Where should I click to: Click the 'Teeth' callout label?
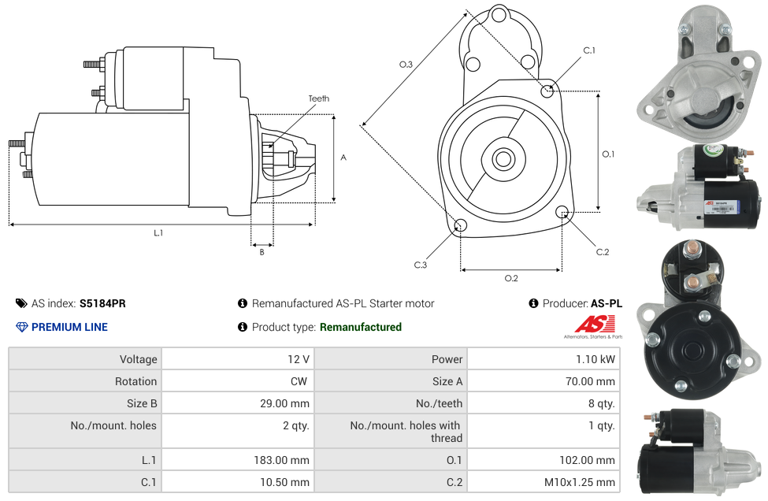318,98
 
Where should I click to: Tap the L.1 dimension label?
158,232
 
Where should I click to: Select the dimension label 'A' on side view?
343,158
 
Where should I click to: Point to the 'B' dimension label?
262,252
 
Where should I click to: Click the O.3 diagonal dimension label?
406,65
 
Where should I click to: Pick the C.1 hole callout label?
588,50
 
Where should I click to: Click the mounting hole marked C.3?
461,227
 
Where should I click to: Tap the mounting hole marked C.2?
562,212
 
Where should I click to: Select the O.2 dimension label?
510,278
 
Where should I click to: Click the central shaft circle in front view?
503,159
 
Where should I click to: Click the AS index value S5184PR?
102,303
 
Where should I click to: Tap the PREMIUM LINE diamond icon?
22,327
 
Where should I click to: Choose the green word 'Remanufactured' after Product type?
360,327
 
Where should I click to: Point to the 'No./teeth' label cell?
440,403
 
